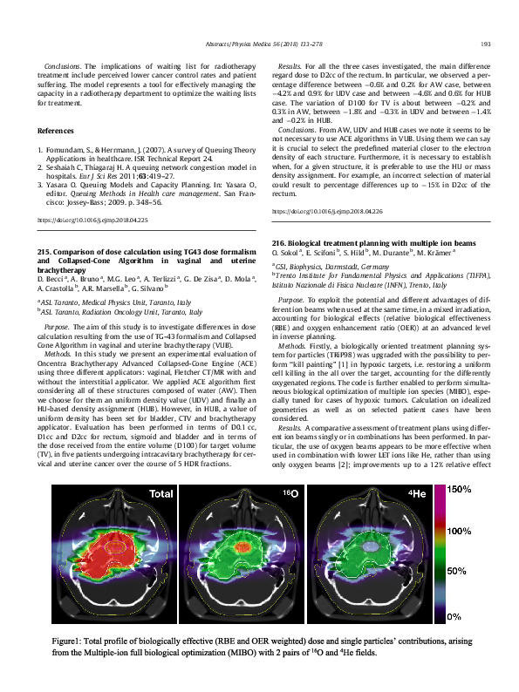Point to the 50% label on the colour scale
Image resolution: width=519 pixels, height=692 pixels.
point(456,573)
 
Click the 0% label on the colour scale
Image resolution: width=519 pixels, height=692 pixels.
point(454,615)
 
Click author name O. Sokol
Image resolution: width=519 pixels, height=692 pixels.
point(287,251)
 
